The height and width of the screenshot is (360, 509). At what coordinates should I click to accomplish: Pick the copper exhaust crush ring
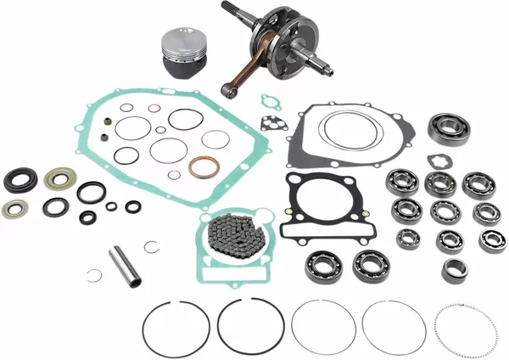point(204,166)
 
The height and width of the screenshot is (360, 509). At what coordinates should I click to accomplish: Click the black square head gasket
point(315,210)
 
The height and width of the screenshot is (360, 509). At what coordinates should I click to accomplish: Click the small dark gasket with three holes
point(270,121)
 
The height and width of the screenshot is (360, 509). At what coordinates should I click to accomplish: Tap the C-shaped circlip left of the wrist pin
point(95,275)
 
